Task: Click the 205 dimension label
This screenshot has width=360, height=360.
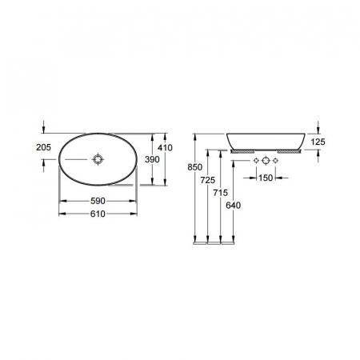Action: pos(43,147)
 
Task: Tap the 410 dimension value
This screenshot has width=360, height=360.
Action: pos(165,147)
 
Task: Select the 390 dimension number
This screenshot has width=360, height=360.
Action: pos(152,159)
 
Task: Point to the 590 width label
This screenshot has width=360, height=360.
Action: pos(98,201)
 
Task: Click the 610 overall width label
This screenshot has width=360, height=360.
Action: pos(98,214)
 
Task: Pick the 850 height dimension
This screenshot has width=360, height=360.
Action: pos(195,167)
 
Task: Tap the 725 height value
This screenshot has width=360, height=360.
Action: pos(208,180)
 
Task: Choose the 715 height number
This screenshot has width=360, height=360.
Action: pos(221,193)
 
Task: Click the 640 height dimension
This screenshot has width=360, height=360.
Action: pos(234,206)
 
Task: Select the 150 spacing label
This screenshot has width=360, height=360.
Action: pos(266,178)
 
